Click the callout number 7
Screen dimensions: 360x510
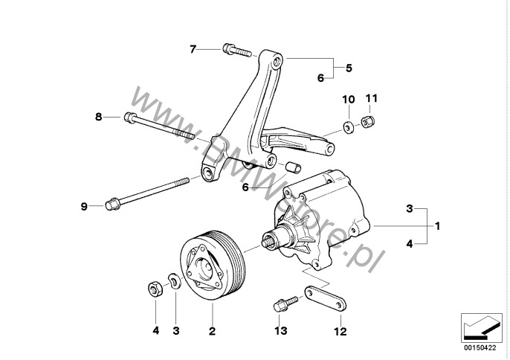click(x=193, y=50)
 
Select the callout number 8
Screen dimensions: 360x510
click(x=98, y=116)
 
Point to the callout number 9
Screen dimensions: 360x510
click(x=84, y=205)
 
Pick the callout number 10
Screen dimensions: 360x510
click(x=347, y=99)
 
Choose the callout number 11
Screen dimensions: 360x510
click(x=372, y=98)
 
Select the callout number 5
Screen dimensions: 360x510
click(x=349, y=68)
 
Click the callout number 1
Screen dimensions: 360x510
click(x=438, y=224)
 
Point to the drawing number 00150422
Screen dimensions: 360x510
click(x=480, y=347)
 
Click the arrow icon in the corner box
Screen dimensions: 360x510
click(x=480, y=326)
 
